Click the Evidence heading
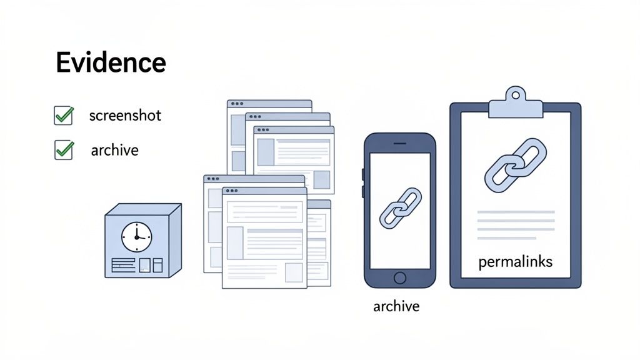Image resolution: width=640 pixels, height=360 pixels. click(x=111, y=62)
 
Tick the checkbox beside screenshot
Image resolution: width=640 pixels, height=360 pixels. click(x=64, y=116)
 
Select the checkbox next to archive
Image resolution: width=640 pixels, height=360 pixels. click(x=64, y=150)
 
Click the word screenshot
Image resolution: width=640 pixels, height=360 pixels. click(x=125, y=116)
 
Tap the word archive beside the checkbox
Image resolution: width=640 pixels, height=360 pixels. click(x=114, y=151)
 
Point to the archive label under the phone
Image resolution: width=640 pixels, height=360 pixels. click(x=396, y=306)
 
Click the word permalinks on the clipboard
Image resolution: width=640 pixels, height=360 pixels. click(x=516, y=262)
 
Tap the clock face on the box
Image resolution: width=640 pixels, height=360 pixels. click(x=136, y=236)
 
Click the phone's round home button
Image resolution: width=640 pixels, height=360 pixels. click(x=400, y=277)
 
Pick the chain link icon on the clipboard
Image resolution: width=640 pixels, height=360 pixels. click(x=516, y=164)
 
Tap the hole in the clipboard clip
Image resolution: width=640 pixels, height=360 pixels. click(x=516, y=95)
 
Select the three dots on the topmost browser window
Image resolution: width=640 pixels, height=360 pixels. click(x=237, y=104)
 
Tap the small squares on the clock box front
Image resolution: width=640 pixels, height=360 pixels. click(x=151, y=265)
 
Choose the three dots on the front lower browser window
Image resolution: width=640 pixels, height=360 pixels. click(x=231, y=190)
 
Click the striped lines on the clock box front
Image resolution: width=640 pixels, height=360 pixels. click(x=124, y=265)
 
